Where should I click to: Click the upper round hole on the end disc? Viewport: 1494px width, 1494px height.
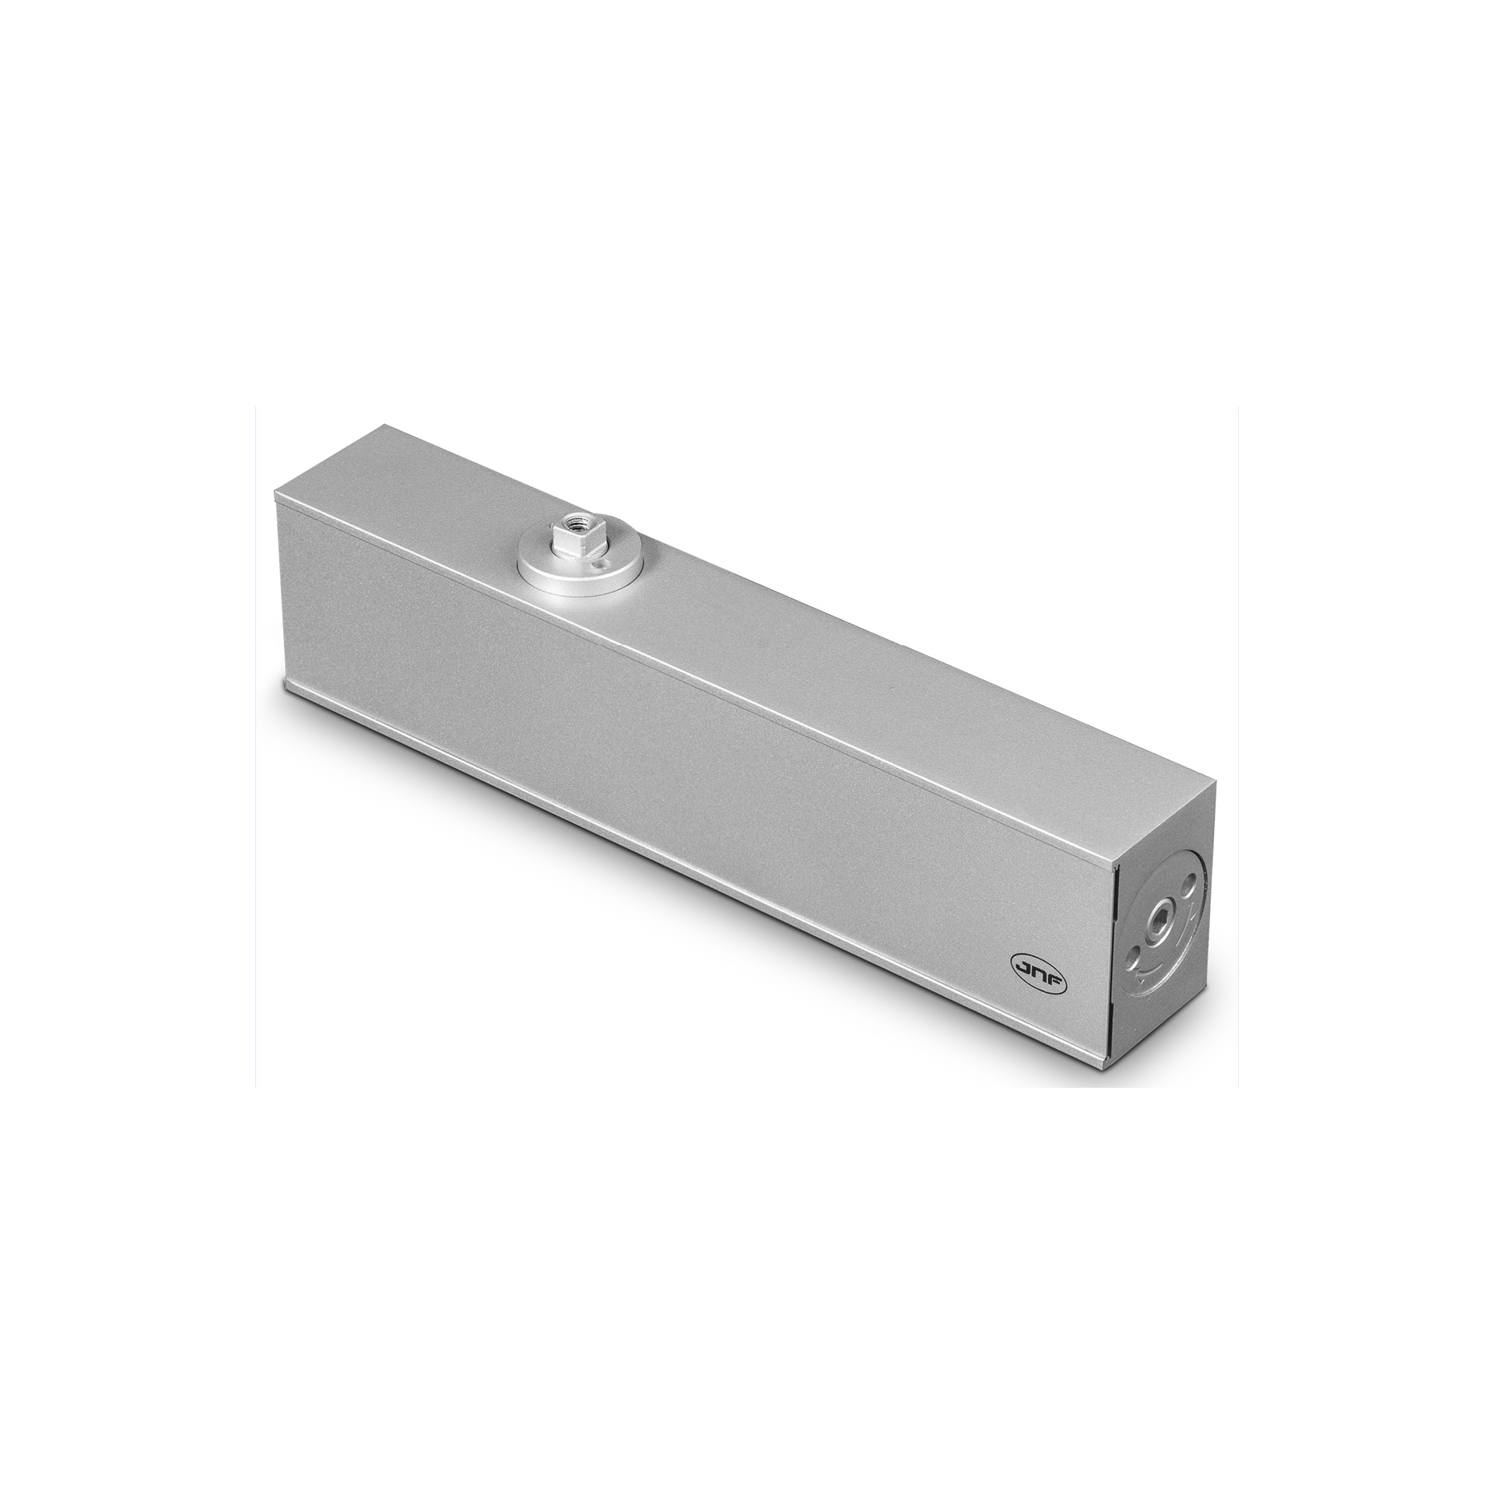tap(1187, 888)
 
